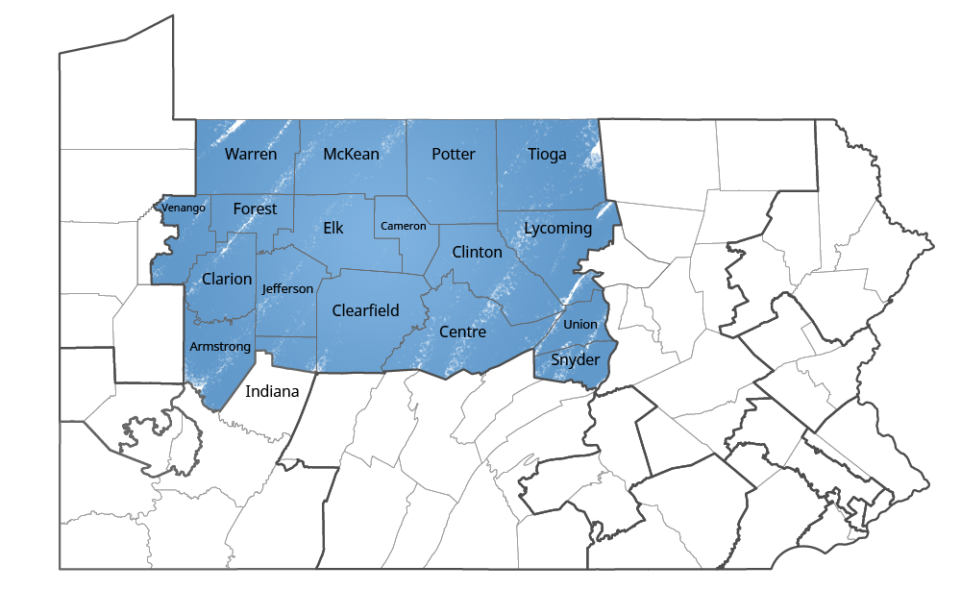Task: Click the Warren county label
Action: (251, 154)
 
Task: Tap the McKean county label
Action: (351, 154)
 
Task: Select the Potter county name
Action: (454, 154)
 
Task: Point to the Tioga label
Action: (547, 154)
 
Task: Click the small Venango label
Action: (184, 208)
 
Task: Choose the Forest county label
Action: (255, 209)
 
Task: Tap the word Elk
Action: (333, 228)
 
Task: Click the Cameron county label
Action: (404, 226)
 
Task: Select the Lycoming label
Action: (557, 228)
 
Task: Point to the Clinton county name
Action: (477, 252)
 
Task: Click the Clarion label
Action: (227, 279)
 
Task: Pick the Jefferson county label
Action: (287, 288)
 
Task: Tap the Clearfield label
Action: (365, 310)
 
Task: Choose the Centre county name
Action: (462, 332)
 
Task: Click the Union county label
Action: (580, 324)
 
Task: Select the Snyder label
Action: (576, 359)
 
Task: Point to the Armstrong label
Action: (220, 346)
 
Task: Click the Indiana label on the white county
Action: (273, 391)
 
